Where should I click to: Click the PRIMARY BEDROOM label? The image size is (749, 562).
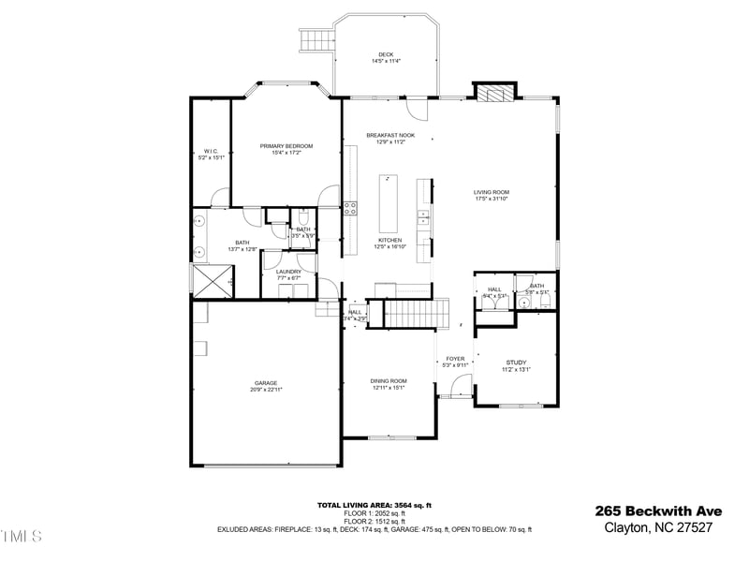click(x=286, y=146)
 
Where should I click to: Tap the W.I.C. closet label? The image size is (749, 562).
click(x=211, y=152)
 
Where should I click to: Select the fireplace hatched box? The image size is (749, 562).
click(x=494, y=92)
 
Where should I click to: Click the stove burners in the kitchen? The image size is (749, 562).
click(x=349, y=209)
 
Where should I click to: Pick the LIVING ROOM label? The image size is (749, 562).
click(x=491, y=193)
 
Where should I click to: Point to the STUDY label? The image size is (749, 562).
click(x=516, y=362)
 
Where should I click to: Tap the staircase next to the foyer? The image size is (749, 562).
click(x=411, y=313)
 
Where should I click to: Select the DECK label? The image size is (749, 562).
click(x=386, y=54)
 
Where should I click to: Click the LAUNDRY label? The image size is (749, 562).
click(x=288, y=272)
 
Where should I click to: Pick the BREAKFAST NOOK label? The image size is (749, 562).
click(x=390, y=136)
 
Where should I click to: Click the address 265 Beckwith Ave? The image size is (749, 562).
click(x=658, y=511)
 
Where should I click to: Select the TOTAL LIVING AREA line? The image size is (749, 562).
click(x=374, y=505)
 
